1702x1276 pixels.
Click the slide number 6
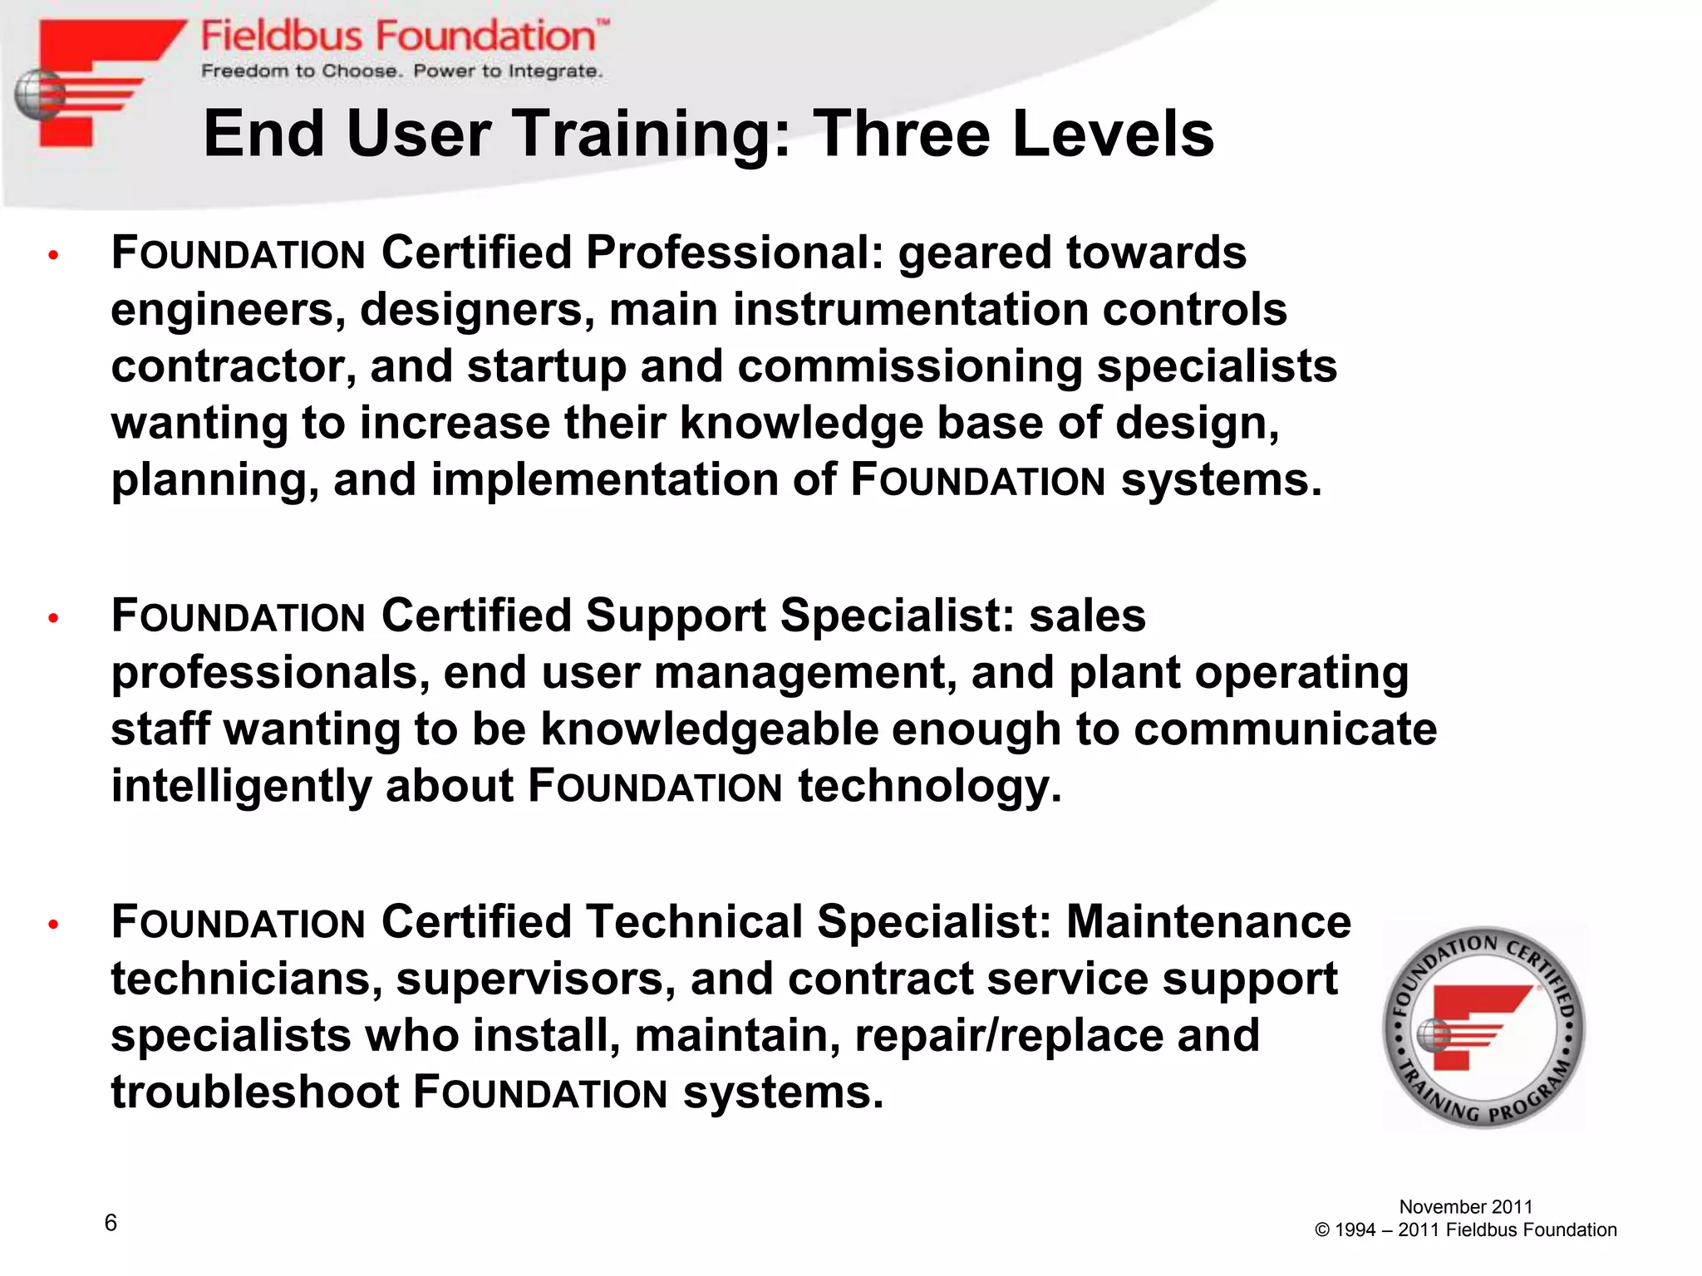click(111, 1222)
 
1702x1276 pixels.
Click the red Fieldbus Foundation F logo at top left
click(91, 83)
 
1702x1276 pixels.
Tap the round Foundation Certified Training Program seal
click(1483, 1028)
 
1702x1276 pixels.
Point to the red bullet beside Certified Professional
click(53, 255)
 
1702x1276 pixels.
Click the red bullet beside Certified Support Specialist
click(53, 618)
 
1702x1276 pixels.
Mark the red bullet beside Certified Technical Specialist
click(53, 924)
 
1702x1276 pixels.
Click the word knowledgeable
click(710, 729)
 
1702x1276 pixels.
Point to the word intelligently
click(241, 787)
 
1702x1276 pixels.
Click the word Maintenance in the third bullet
click(1208, 922)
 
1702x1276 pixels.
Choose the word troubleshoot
click(255, 1092)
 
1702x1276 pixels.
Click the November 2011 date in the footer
click(1465, 1206)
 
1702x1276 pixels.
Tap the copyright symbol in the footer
click(1322, 1230)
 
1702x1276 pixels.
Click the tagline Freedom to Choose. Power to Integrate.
click(401, 71)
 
